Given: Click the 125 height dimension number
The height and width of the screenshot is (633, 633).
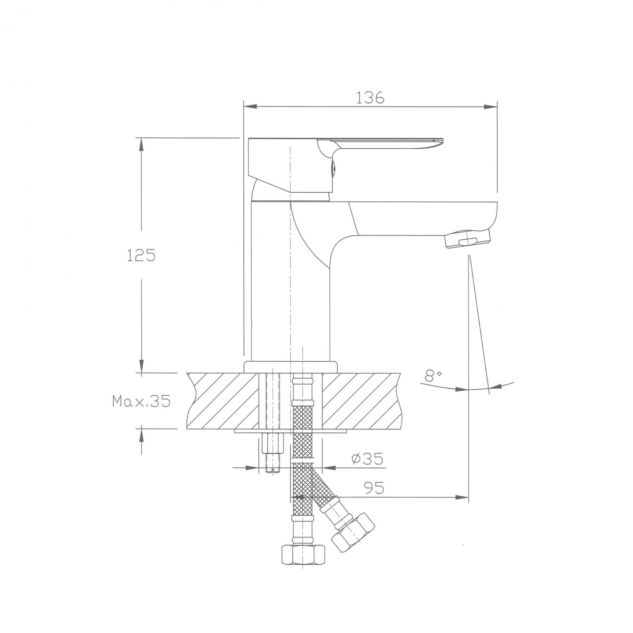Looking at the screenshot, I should pos(141,255).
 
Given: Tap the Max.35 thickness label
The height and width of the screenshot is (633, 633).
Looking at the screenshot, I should pos(141,401).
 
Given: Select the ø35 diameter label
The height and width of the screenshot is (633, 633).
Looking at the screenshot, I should pos(367,459).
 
